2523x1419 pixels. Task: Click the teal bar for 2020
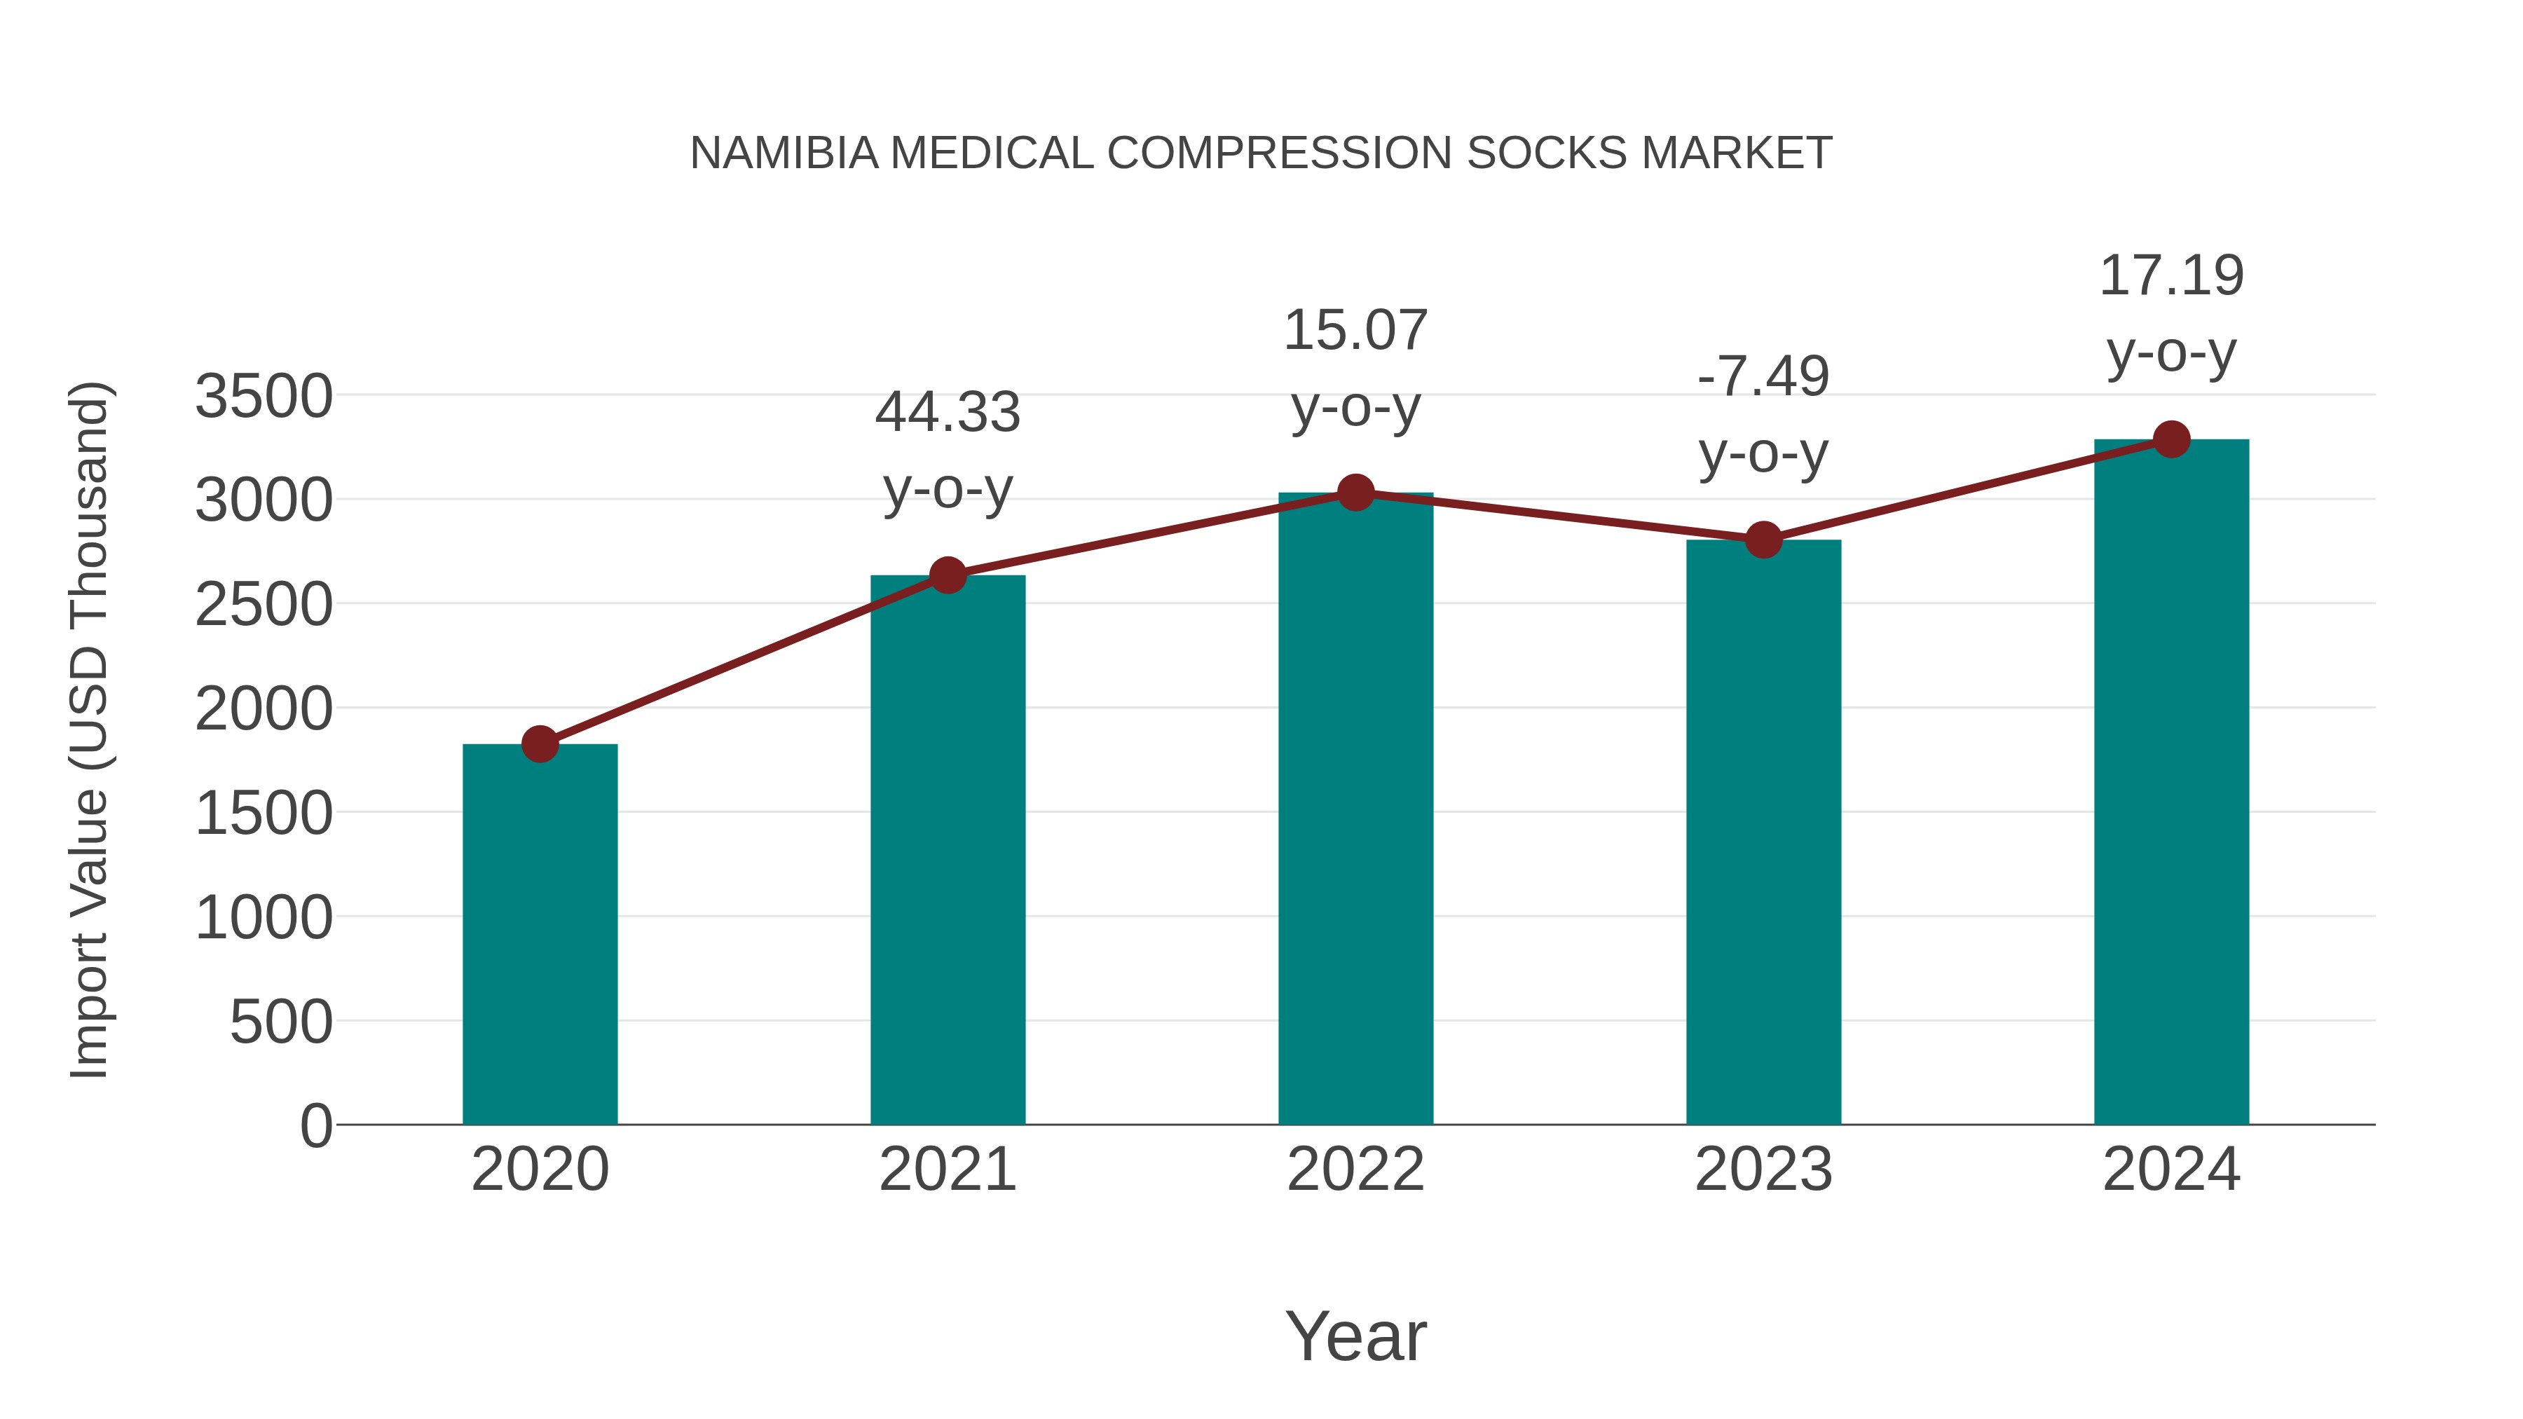[x=540, y=935]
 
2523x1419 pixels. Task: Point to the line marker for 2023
[x=1763, y=540]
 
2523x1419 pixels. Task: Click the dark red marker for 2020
[x=540, y=744]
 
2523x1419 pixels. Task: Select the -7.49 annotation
[x=1763, y=377]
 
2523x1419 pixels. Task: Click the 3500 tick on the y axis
[x=264, y=397]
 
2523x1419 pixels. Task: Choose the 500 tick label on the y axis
[x=281, y=1022]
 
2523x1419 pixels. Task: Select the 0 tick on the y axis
[x=316, y=1126]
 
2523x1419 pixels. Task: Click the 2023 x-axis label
[x=1763, y=1170]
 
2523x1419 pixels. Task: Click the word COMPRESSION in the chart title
[x=1279, y=153]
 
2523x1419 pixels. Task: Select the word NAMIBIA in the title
[x=784, y=153]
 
